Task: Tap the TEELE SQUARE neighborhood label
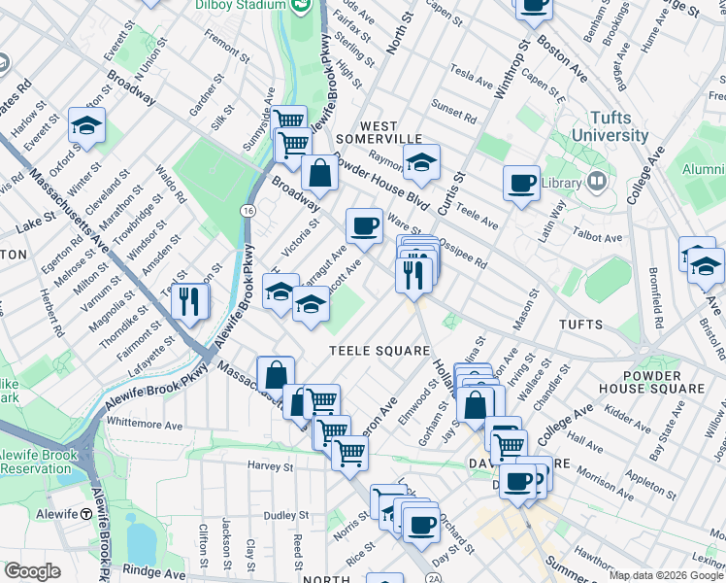(379, 351)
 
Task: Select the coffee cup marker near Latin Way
(521, 183)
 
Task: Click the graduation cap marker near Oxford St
(86, 125)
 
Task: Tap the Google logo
(31, 571)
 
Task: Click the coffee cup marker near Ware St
(364, 225)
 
